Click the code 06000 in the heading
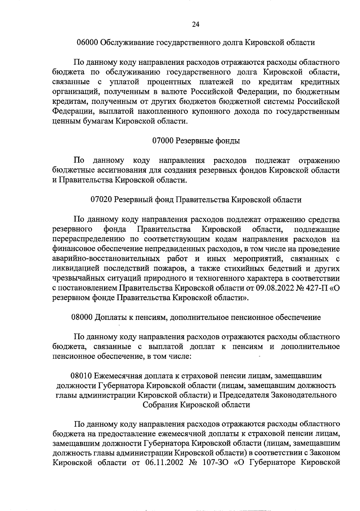[87, 42]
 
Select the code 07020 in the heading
[101, 199]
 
